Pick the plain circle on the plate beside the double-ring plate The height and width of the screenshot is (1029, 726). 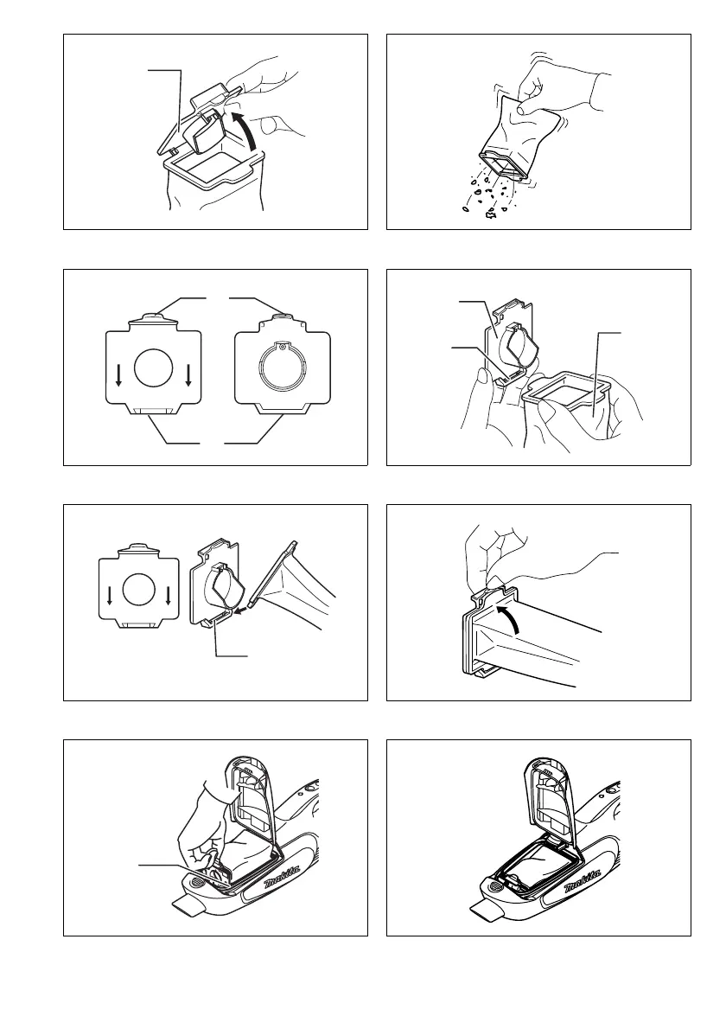tap(154, 367)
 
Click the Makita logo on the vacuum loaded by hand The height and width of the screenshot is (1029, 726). tap(283, 877)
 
